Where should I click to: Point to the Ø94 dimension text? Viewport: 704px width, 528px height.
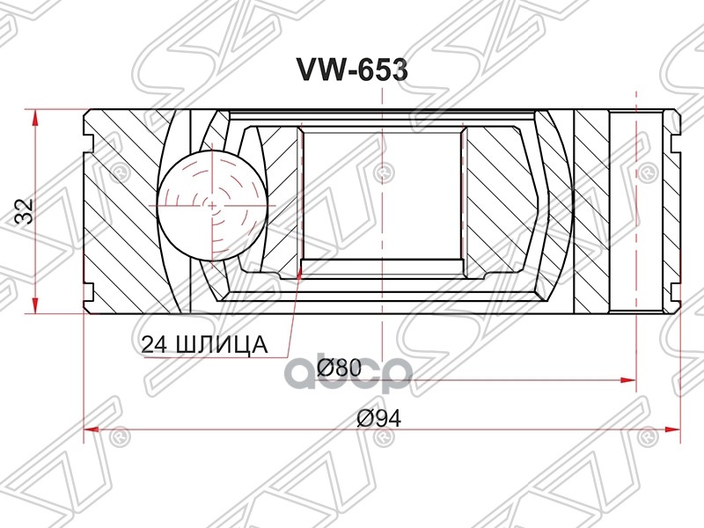tap(379, 418)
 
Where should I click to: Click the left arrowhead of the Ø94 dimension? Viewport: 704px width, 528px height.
tap(89, 429)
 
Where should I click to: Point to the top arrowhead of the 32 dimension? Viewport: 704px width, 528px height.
tap(34, 114)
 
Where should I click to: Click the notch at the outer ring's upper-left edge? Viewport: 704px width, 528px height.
tap(89, 138)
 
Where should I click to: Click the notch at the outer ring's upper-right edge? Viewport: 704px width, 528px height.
tap(677, 138)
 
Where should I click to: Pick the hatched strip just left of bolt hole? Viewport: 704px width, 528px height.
tap(591, 211)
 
